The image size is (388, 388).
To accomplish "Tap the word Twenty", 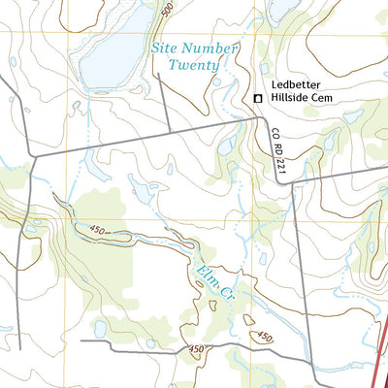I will click(x=193, y=65).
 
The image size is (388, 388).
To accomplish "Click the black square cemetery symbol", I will click(x=258, y=99).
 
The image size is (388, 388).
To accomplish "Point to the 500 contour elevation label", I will click(x=168, y=11).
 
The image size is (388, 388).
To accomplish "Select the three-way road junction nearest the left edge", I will click(x=32, y=154).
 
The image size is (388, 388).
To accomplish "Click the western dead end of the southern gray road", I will click(x=81, y=340).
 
